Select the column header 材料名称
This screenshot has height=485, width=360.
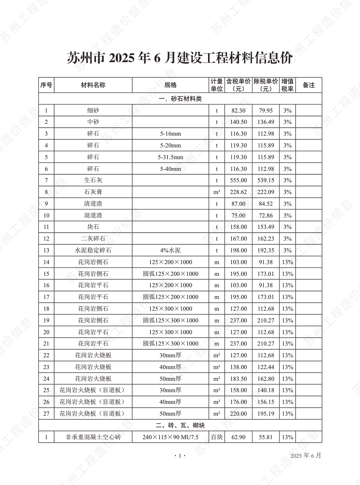coord(93,85)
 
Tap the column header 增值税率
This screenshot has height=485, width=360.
coord(287,85)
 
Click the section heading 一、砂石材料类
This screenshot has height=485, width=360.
coord(180,99)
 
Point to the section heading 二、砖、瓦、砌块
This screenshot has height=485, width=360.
coord(180,426)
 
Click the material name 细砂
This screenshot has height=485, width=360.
coord(93,111)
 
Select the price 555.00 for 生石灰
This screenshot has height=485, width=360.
coord(238,180)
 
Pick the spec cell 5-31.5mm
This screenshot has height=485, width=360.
coord(170,157)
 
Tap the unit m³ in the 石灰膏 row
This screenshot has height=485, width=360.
coord(217,192)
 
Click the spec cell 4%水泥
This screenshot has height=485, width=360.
coord(170,250)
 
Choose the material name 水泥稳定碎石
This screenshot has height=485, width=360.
coord(93,250)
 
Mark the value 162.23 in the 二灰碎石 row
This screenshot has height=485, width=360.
coord(266,239)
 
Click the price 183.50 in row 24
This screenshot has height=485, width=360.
coord(238,379)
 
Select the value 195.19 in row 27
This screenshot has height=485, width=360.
coord(266,413)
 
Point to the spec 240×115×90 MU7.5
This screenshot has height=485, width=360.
coord(170,437)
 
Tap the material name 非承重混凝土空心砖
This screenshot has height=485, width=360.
coord(93,437)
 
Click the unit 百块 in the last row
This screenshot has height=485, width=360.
coord(217,437)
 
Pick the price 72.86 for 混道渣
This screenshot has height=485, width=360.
coord(266,216)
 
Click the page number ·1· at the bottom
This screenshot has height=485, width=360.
coord(180,456)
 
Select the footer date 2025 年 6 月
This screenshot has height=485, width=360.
coord(305,456)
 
